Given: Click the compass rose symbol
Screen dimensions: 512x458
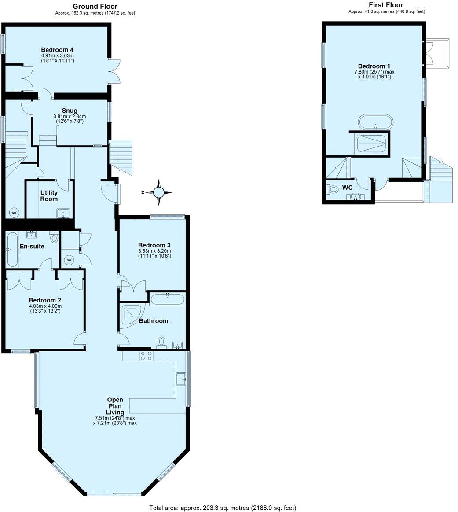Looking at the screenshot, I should coord(158,192).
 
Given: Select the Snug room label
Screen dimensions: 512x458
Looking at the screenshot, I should coord(70,111).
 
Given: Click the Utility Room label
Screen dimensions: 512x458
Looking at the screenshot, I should coord(49,196).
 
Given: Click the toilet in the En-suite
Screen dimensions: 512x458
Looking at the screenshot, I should coord(54,238).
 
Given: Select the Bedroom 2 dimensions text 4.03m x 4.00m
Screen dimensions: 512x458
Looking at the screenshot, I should coord(45,306).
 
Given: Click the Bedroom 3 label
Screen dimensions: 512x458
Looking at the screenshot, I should coord(154,245).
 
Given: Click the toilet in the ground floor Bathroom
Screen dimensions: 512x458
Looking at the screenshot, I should coord(161,342).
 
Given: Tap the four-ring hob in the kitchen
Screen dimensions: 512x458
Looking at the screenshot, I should coord(146,356).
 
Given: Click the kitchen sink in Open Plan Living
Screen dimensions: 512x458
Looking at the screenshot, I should coord(181,379).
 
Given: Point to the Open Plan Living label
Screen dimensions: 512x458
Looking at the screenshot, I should coord(115,406).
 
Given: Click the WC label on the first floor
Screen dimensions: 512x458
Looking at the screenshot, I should coord(347,188).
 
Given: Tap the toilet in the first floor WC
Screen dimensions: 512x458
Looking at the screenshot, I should coord(333,189).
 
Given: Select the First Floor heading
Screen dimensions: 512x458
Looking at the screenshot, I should coord(386,5).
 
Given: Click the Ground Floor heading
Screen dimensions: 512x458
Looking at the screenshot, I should coord(95,6).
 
